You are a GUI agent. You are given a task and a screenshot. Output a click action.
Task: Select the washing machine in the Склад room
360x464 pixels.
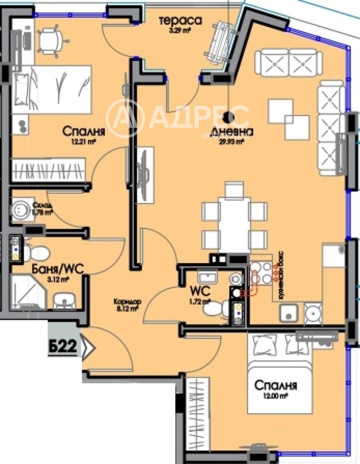[x=21, y=209]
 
